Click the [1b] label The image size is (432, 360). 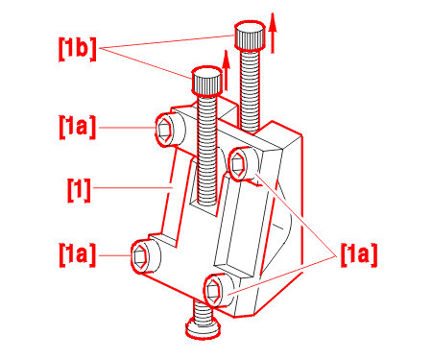77,48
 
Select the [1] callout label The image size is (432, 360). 79,190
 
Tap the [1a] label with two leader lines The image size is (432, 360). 359,254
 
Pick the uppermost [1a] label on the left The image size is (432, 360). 77,127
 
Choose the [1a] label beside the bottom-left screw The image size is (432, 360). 77,254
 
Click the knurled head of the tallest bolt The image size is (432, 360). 250,35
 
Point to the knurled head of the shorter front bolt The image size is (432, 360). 206,81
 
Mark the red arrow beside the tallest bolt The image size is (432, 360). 273,33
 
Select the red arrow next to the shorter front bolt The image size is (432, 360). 227,70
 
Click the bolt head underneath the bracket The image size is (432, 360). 204,328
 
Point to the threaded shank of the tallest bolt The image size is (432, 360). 250,90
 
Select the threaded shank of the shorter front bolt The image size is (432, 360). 206,149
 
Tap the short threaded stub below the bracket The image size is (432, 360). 203,310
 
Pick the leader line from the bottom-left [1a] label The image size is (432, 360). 115,255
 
